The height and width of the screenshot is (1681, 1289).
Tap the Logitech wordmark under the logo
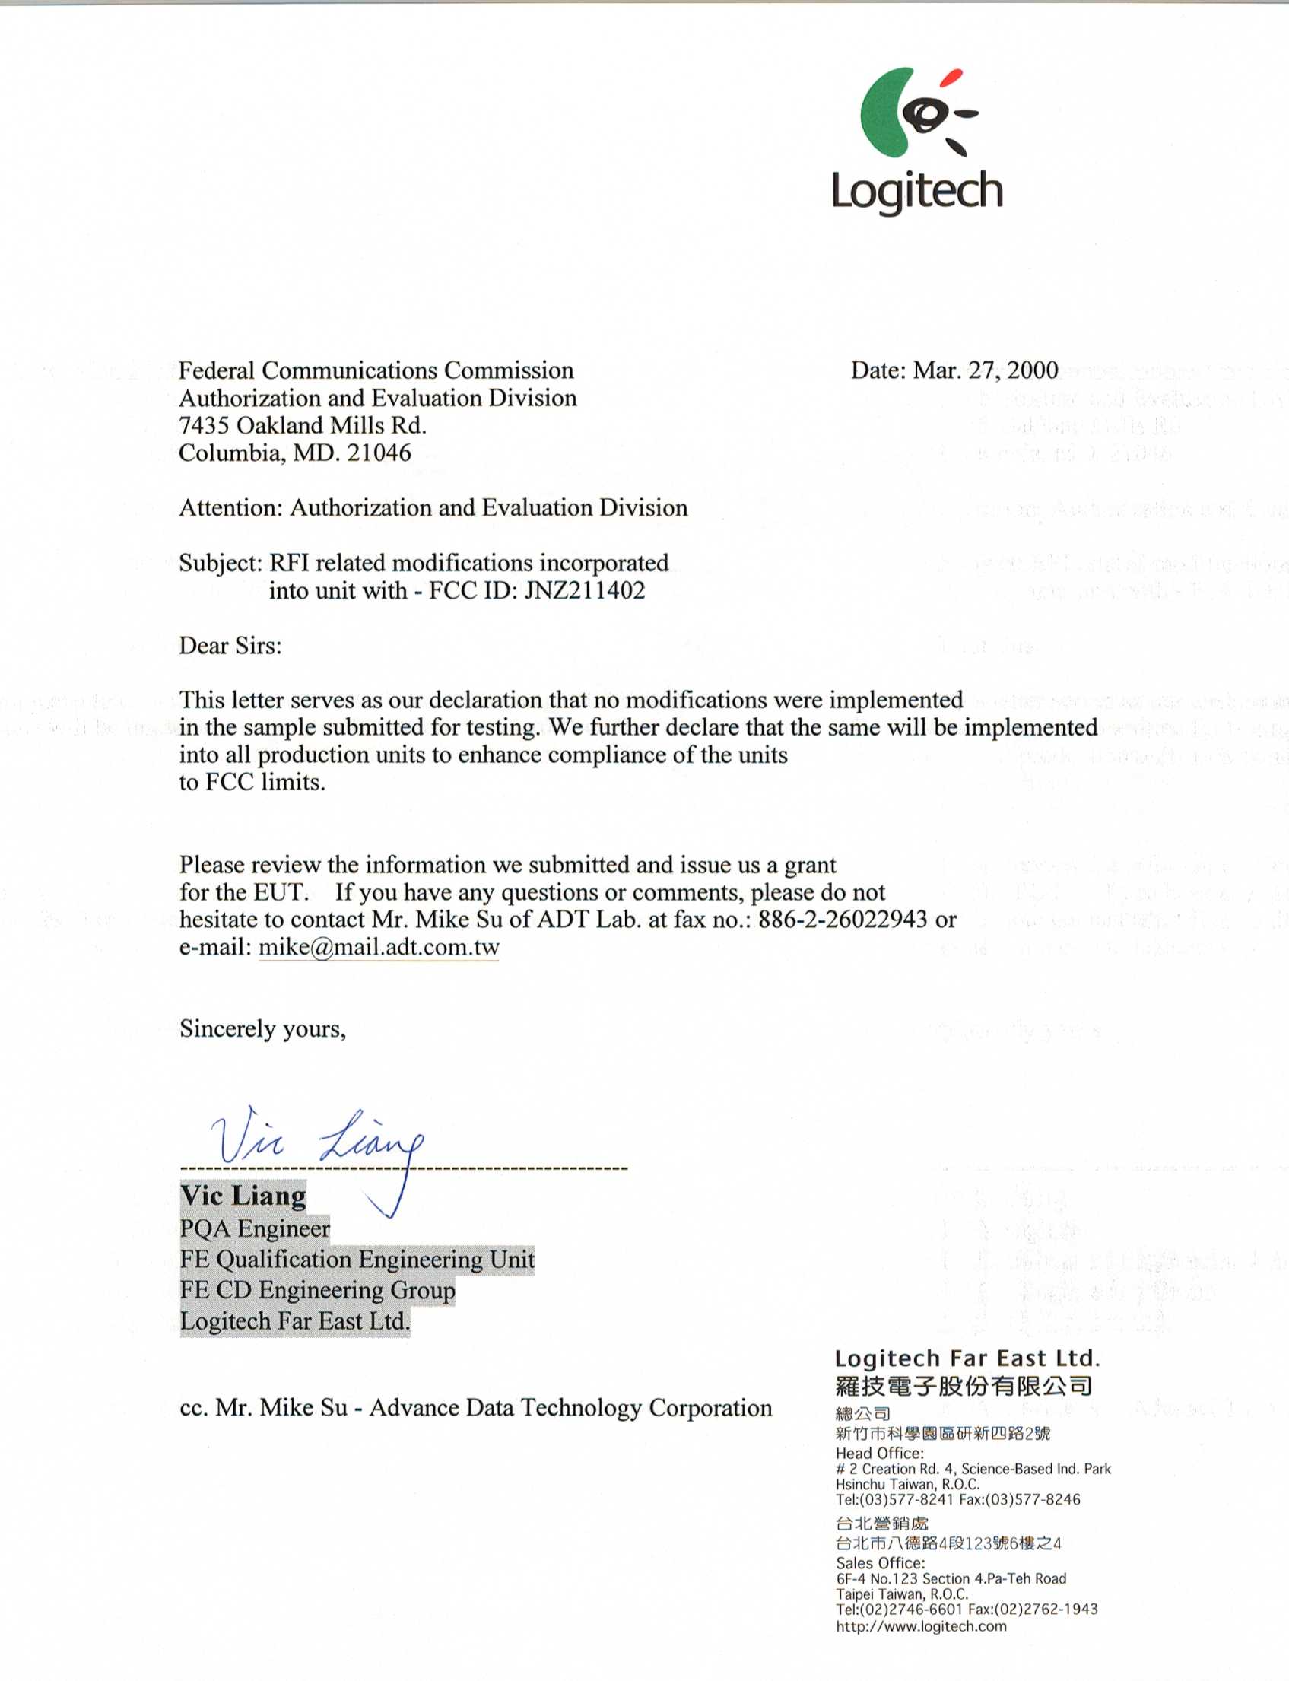coord(918,191)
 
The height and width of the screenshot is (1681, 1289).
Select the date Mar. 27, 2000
coord(985,370)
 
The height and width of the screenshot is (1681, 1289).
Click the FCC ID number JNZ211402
coord(585,591)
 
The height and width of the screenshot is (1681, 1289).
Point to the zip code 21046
coord(379,453)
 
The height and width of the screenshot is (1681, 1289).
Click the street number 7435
coord(204,425)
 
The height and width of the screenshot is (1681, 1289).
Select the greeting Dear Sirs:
coord(230,645)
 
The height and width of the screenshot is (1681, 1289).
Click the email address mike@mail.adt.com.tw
coord(379,947)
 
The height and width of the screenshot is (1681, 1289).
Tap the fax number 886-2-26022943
coord(843,919)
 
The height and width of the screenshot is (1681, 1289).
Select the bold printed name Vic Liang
coord(243,1196)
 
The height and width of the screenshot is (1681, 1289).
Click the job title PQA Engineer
coord(255,1228)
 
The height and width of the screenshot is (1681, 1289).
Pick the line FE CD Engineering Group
coord(318,1290)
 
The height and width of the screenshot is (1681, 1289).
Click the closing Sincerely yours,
coord(262,1029)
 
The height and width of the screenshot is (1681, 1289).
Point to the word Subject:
coord(221,563)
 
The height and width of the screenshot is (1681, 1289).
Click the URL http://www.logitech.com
coord(921,1625)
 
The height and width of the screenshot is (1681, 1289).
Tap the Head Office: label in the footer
coord(879,1453)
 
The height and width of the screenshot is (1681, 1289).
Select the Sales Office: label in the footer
coord(880,1563)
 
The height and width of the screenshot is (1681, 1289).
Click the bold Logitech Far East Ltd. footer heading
coord(967,1358)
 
